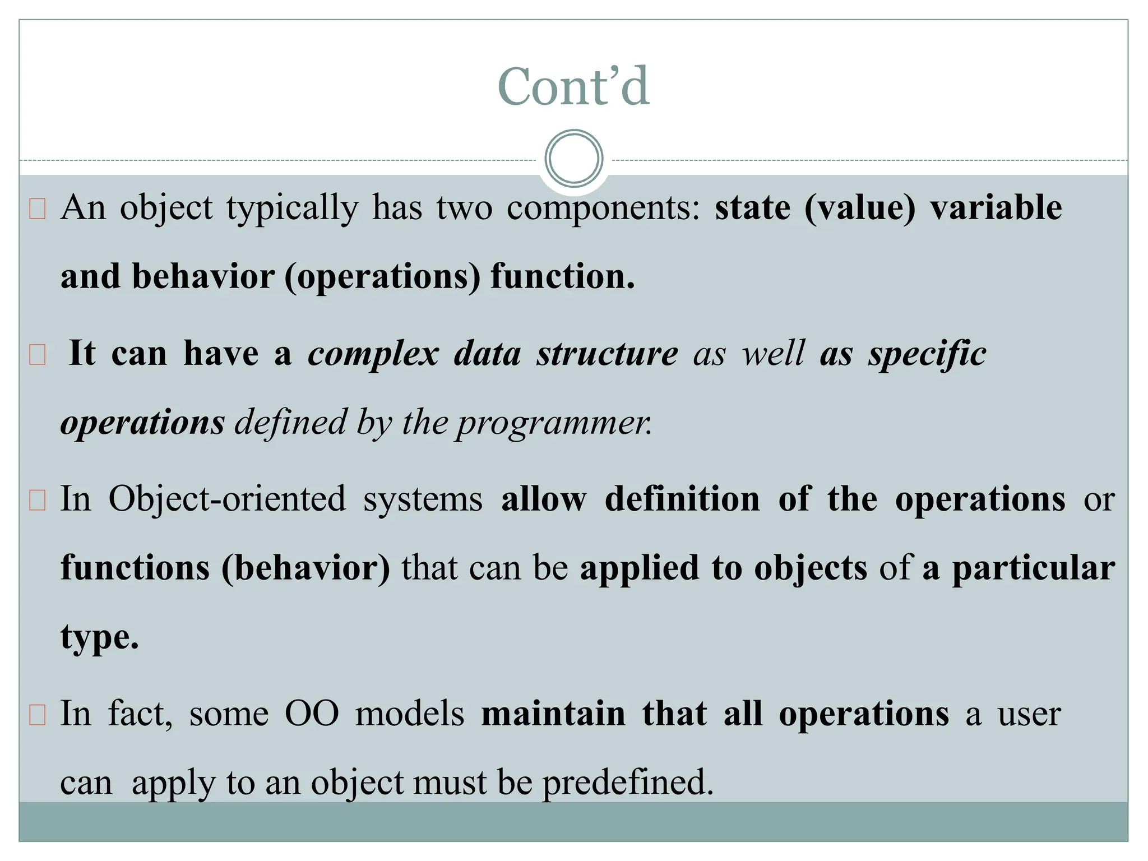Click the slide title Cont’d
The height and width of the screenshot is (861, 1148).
(573, 87)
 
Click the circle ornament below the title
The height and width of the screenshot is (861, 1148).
(573, 159)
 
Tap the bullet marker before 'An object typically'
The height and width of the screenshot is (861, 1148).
(37, 210)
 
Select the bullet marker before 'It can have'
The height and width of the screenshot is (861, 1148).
(37, 355)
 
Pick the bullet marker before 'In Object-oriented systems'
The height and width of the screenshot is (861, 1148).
(37, 501)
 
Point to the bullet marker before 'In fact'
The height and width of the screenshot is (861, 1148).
(37, 716)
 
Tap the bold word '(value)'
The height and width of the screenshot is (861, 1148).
(859, 209)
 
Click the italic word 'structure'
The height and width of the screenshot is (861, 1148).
(607, 354)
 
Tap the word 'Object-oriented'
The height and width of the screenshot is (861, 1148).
(227, 499)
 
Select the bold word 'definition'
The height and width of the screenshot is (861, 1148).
(682, 499)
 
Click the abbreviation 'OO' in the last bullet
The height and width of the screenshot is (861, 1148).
(312, 714)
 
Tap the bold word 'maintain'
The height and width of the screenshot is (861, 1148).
(553, 714)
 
